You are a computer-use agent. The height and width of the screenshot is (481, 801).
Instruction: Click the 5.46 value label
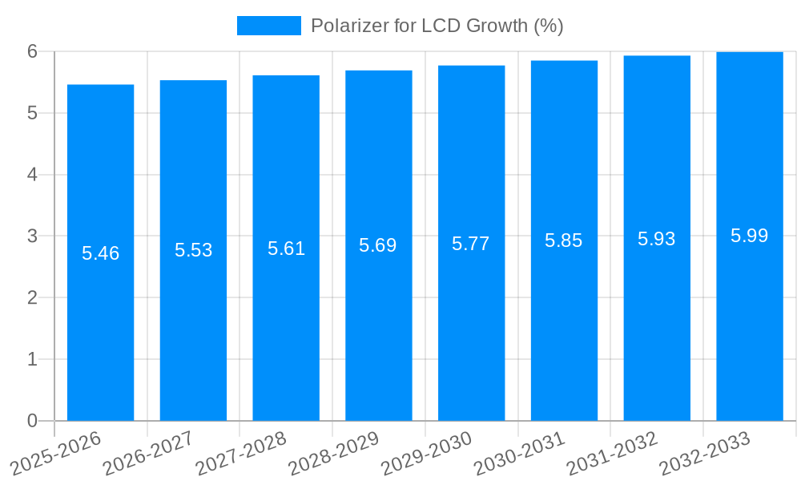click(100, 253)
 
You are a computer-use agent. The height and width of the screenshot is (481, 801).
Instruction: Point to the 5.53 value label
click(193, 250)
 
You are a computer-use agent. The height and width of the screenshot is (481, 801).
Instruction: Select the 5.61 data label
click(286, 248)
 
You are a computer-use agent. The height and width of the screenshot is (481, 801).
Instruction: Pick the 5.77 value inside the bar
click(471, 244)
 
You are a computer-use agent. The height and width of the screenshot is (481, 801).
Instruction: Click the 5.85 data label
click(564, 240)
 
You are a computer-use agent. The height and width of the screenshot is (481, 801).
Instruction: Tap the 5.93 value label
click(657, 238)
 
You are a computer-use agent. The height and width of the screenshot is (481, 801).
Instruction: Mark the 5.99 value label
click(750, 236)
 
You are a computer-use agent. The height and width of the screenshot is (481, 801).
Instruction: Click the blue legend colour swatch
click(268, 26)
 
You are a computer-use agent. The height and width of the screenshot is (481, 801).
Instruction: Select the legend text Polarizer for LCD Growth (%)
click(437, 26)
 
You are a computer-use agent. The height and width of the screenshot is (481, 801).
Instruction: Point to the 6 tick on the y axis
click(33, 51)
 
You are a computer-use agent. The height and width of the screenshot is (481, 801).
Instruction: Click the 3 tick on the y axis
click(33, 236)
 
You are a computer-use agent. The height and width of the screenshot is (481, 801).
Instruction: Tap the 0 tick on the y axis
click(33, 421)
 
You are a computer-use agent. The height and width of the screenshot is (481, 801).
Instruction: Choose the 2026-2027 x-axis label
click(148, 452)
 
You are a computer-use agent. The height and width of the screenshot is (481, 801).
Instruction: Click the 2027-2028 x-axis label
click(240, 452)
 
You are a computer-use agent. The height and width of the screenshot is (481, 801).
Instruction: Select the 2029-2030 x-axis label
click(426, 452)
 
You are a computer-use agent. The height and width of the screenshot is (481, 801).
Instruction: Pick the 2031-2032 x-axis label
click(612, 452)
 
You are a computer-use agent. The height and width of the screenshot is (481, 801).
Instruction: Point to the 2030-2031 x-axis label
click(519, 452)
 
